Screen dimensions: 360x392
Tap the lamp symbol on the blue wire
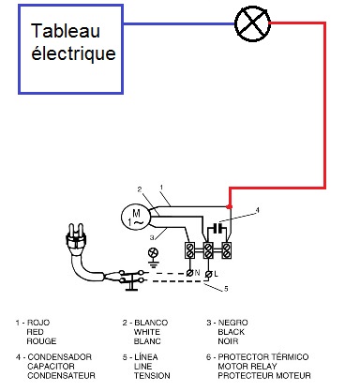(252, 23)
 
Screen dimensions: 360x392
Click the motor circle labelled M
(136, 217)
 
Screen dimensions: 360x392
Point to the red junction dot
(230, 206)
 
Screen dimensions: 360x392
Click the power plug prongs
(76, 232)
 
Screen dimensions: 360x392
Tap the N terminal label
(197, 273)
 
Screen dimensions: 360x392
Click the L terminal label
(216, 274)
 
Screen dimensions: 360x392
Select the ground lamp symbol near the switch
(153, 252)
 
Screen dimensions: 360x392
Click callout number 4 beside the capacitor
(257, 210)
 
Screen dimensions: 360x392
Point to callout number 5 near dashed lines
(226, 289)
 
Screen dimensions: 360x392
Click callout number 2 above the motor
(140, 189)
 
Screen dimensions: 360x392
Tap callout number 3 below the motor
(152, 237)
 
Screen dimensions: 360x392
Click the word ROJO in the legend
(38, 323)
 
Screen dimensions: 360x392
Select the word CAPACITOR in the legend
(51, 366)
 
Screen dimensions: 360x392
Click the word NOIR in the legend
(228, 341)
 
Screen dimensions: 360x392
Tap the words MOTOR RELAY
(247, 366)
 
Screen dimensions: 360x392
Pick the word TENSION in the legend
(152, 375)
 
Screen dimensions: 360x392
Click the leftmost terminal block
(189, 250)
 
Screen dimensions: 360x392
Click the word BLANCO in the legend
(151, 323)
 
